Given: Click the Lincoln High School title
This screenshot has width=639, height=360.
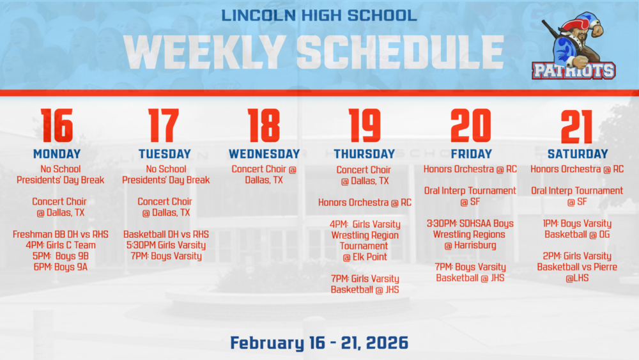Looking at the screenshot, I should click(319, 15).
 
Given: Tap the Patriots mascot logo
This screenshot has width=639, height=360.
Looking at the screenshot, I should click(574, 47).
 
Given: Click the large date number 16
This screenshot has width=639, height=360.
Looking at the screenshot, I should click(57, 125).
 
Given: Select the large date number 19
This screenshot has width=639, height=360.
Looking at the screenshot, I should click(364, 125).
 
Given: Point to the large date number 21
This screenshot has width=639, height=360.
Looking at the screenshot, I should click(577, 125).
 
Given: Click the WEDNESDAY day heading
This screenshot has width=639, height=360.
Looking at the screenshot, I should click(264, 154).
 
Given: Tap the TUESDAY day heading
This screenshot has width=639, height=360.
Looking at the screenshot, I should click(165, 154).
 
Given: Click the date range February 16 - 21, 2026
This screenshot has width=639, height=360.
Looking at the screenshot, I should click(319, 343).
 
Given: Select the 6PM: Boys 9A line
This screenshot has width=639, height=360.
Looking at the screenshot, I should click(61, 267).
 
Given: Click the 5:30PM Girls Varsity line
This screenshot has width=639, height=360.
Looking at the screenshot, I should click(166, 246).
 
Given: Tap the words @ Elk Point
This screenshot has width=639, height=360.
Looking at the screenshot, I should click(364, 257).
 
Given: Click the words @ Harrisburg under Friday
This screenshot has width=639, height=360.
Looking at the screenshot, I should click(470, 246).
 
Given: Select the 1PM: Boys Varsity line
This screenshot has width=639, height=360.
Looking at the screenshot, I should click(578, 224).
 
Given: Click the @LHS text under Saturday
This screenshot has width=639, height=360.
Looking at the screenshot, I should click(578, 278).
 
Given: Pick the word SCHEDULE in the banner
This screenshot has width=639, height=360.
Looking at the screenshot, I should click(401, 51).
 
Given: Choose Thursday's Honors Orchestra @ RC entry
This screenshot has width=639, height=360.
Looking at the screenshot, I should click(364, 203).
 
